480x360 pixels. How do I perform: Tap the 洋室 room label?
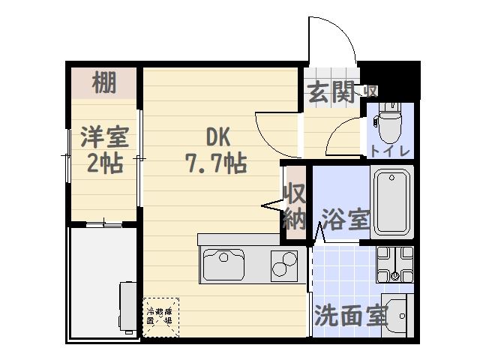(104, 139)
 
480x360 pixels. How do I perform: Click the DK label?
(217, 138)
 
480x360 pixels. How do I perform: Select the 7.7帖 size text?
(217, 163)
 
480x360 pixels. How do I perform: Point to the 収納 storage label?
(293, 206)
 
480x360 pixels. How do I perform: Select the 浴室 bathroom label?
(345, 220)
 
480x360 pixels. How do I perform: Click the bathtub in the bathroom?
(392, 202)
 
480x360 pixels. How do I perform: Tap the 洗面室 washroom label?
(350, 316)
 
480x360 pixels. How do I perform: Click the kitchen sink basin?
(222, 265)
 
